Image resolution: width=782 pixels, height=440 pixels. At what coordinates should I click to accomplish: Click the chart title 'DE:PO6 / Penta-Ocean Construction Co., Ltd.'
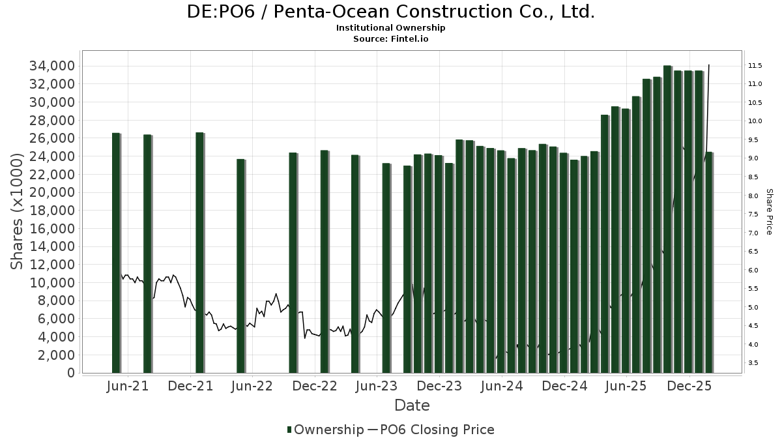point(391,12)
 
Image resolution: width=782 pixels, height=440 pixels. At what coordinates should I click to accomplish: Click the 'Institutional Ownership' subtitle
point(391,28)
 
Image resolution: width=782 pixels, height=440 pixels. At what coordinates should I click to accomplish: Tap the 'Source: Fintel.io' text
point(391,39)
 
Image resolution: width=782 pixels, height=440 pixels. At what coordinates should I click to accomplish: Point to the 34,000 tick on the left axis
point(50,66)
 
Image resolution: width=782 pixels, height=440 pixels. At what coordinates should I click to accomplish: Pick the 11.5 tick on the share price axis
point(755,66)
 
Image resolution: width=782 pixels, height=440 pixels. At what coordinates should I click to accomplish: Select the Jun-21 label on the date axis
point(128,386)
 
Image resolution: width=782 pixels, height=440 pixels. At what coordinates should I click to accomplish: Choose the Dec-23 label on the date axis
point(439,386)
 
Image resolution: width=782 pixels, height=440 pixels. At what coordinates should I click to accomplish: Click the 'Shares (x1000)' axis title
point(20,211)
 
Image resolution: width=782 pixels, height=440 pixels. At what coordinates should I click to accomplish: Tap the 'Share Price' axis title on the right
point(769,211)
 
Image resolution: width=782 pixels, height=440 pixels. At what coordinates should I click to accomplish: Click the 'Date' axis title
point(412,405)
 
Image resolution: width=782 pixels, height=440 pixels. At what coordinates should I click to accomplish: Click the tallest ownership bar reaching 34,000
point(667,219)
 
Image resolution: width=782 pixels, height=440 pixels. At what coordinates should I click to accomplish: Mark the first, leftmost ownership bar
point(116,253)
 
